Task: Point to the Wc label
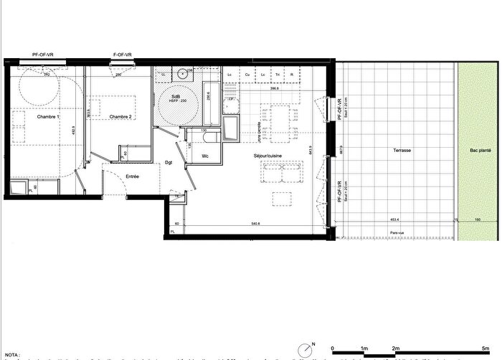[205, 155]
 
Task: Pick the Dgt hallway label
[169, 163]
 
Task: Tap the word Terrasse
[393, 151]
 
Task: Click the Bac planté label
[480, 151]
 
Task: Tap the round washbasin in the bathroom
[184, 73]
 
